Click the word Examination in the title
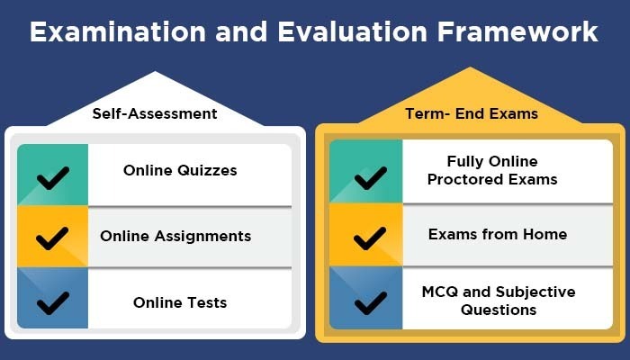click(118, 31)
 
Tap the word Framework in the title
click(517, 31)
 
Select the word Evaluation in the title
click(353, 31)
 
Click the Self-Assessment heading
click(155, 113)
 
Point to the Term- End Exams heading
click(472, 113)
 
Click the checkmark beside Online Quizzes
click(52, 178)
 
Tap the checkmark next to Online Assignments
click(52, 238)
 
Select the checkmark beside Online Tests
click(52, 303)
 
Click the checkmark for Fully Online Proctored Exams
click(371, 178)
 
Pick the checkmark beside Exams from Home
click(370, 238)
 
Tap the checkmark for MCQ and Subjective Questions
click(371, 303)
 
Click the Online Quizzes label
click(180, 170)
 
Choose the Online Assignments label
click(175, 236)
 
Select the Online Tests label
click(180, 302)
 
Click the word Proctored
click(458, 179)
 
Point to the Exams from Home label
click(498, 234)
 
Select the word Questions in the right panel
click(499, 310)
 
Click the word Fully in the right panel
click(465, 161)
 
